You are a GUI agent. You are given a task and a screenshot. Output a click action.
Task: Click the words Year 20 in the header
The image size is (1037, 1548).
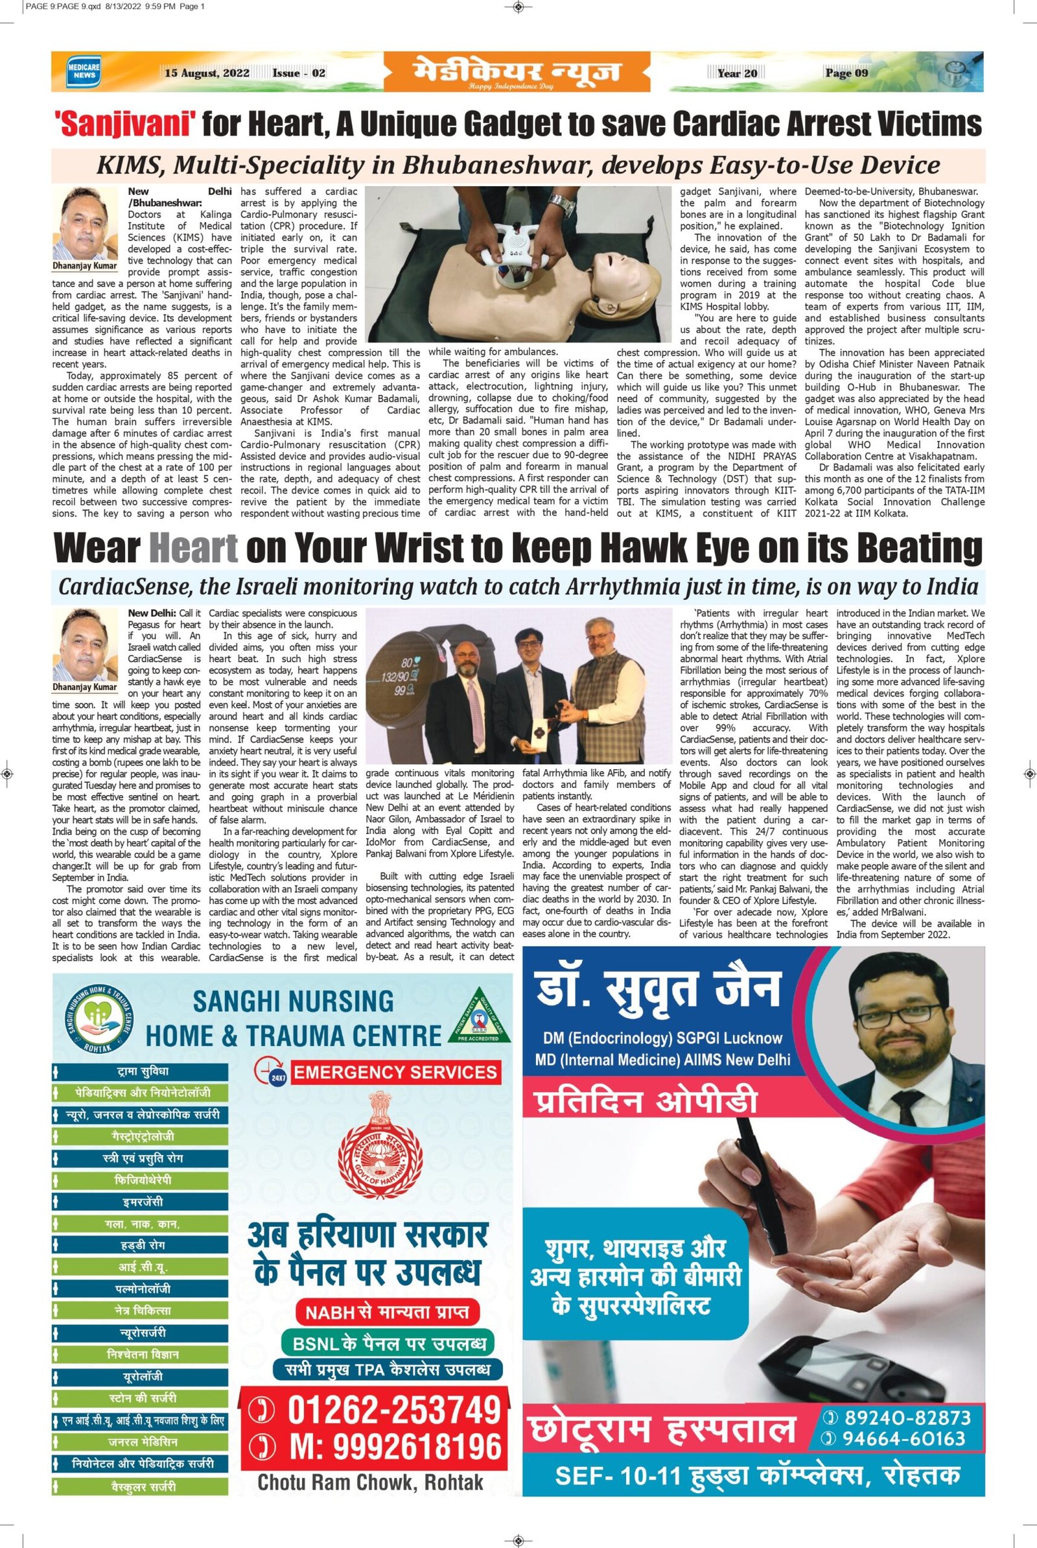click(x=737, y=73)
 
